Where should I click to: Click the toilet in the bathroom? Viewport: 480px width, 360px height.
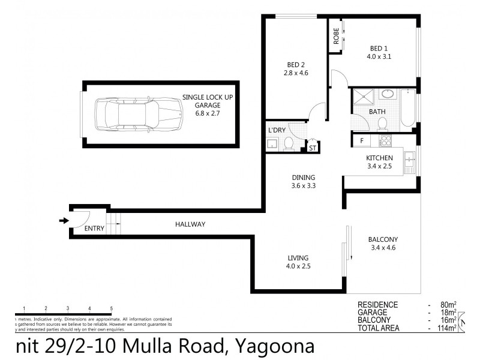click(382, 124)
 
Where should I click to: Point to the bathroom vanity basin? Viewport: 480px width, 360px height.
click(388, 94)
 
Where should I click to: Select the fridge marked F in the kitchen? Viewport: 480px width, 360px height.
click(361, 141)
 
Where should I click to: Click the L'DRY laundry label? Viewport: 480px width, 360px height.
click(277, 130)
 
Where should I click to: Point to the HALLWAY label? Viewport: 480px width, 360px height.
click(190, 224)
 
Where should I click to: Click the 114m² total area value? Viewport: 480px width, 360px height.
click(446, 328)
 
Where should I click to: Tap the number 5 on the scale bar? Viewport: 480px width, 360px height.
click(112, 308)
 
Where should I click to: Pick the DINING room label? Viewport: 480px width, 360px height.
click(302, 178)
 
